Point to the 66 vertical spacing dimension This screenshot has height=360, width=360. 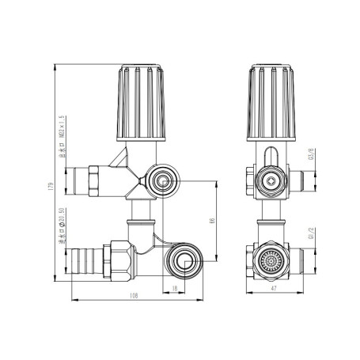(x=210, y=222)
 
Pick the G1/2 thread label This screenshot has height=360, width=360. (x=312, y=235)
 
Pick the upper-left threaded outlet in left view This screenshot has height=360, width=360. (x=84, y=180)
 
